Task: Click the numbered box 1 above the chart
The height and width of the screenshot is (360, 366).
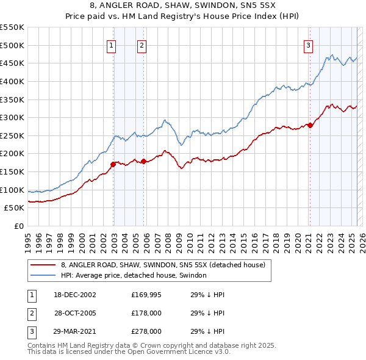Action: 112,45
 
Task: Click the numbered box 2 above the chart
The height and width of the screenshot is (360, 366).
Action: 142,45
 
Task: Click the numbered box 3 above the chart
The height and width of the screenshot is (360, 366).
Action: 309,45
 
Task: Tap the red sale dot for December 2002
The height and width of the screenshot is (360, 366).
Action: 113,164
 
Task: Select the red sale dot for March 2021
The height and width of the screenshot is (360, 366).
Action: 310,125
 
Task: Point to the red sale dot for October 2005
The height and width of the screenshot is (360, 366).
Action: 144,161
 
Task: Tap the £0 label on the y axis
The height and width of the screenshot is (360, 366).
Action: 18,226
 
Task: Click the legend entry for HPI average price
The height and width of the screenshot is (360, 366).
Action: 134,276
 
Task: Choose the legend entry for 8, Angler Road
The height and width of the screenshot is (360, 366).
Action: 163,265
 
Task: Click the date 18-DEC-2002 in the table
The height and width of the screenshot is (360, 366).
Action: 75,294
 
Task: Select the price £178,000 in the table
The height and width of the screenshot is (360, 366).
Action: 146,313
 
